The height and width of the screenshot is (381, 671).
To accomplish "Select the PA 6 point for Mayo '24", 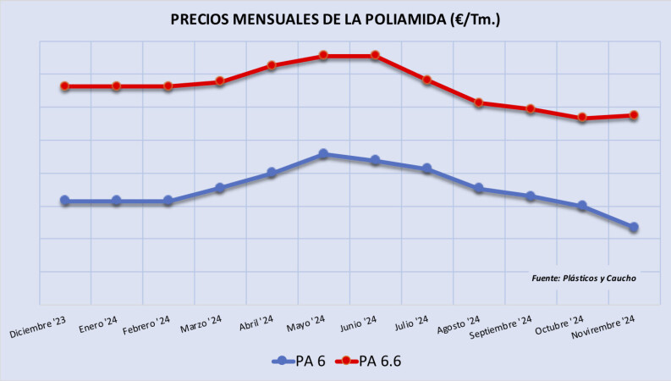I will coord(323,154).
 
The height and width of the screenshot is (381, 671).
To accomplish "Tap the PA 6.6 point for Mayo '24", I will coord(323,56).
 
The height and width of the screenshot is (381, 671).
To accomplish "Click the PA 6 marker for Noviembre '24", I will coord(634,227).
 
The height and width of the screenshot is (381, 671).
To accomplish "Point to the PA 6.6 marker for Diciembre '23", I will coord(64,86).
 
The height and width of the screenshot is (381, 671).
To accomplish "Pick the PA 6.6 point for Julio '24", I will coord(427,80).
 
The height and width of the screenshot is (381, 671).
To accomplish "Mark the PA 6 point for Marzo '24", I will coord(220,188).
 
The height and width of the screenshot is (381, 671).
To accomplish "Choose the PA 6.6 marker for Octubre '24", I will coord(582,118).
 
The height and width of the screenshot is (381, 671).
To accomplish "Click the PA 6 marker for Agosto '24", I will coord(479,188).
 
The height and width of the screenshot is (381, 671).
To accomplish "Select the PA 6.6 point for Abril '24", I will coord(272,65).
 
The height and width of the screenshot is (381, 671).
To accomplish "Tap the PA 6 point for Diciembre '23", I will coord(64,201).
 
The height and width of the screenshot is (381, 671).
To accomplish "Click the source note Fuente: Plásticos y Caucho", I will coord(583,278).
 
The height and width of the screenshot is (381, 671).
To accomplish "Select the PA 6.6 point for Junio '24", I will coord(375,56).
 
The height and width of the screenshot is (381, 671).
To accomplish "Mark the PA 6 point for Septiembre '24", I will coord(531,196).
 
